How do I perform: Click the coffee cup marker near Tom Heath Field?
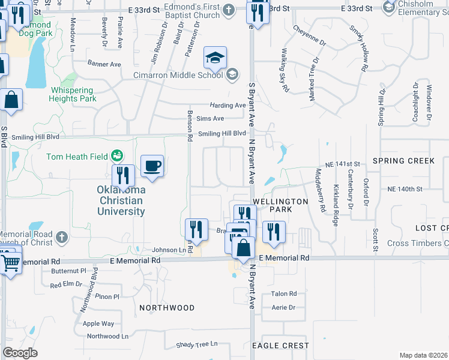152,166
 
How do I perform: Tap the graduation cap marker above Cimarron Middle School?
215,58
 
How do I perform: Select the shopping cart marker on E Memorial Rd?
10,262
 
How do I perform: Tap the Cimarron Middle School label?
178,75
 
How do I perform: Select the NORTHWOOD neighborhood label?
167,307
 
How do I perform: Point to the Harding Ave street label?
228,105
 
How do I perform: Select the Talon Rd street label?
284,293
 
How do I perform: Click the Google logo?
20,353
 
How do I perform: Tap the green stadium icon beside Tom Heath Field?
118,157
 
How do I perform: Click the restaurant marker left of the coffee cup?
123,176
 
